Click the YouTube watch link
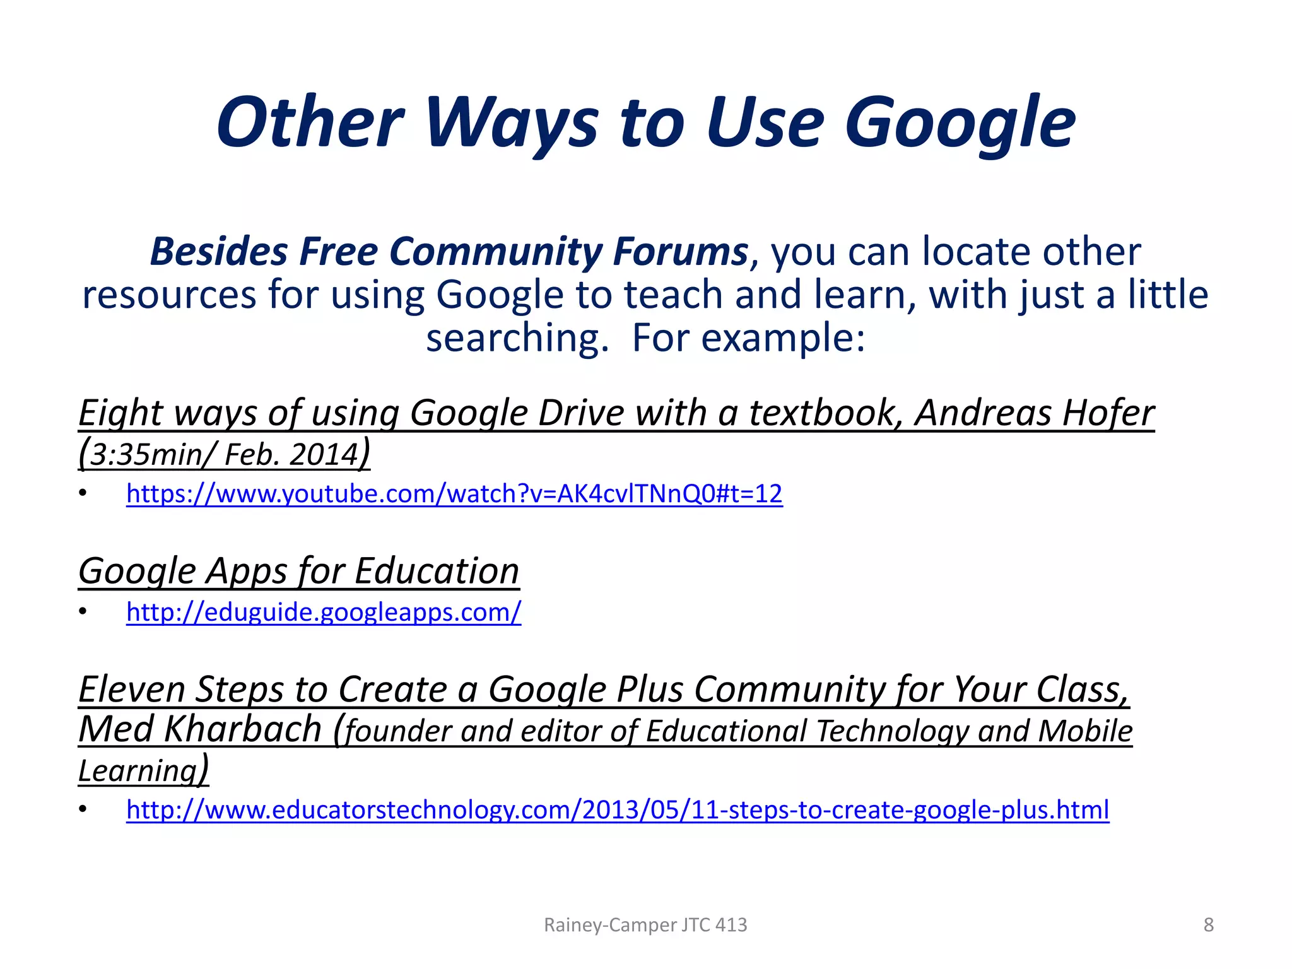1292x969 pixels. (454, 493)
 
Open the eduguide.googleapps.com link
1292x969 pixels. (324, 612)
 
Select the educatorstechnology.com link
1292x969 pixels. (618, 809)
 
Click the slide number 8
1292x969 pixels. (1208, 925)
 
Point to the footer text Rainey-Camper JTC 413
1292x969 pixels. (645, 925)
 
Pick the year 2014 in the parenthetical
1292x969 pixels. (324, 454)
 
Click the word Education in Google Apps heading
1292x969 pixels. (437, 571)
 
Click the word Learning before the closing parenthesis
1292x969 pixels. (138, 770)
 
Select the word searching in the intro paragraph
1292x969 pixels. (517, 338)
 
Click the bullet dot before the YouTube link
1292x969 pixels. (83, 493)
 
